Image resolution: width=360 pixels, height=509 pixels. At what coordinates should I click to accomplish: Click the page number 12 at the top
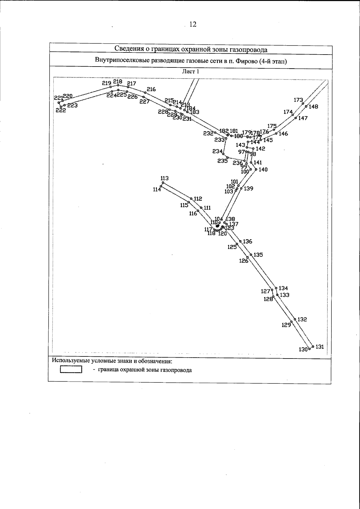pos(193,25)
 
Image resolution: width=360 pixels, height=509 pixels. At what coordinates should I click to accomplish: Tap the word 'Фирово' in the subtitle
pos(245,61)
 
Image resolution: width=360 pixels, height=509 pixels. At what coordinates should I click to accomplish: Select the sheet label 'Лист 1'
pos(190,72)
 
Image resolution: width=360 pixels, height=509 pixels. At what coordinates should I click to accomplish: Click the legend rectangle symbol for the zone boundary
pos(71,370)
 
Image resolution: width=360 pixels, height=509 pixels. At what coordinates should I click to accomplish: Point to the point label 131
pos(320,347)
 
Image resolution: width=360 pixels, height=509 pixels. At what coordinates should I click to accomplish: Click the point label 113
pos(165,178)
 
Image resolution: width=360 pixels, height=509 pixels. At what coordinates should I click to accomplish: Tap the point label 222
pos(61,110)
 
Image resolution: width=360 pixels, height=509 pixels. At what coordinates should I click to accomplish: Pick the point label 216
pos(151,89)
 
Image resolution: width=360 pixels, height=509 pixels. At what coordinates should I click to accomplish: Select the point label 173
pos(298,100)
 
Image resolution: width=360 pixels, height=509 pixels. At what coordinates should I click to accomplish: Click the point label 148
pos(313,106)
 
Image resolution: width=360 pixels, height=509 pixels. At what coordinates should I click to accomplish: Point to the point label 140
pos(263,170)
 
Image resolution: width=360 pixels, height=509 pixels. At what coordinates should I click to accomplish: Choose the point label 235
pos(223,161)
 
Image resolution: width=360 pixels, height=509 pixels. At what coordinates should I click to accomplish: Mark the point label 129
pos(286,325)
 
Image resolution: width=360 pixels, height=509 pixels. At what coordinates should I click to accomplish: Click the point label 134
pos(283,288)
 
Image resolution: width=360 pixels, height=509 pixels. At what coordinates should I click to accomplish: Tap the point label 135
pos(258,255)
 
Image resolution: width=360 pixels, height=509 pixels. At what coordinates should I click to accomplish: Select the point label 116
pos(193,213)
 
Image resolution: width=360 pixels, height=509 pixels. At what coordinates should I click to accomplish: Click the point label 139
pos(249,189)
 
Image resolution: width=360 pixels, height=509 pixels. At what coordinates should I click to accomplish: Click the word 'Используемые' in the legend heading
pos(71,360)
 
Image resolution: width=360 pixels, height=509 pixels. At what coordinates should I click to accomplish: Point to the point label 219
pos(107,83)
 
